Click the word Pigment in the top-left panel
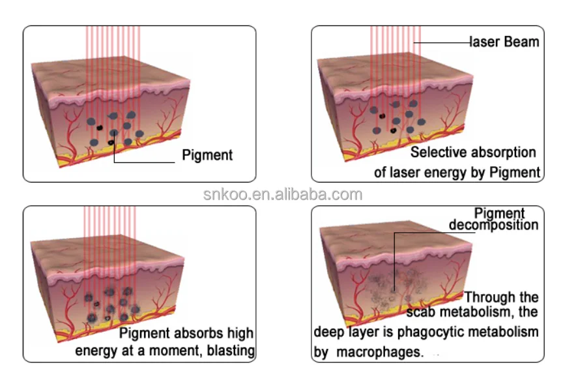207,155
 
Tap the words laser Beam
504,42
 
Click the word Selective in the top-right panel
437,153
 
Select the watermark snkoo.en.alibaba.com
282,194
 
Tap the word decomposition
494,225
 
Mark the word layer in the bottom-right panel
360,332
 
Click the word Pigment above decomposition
499,213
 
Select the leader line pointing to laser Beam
443,42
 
